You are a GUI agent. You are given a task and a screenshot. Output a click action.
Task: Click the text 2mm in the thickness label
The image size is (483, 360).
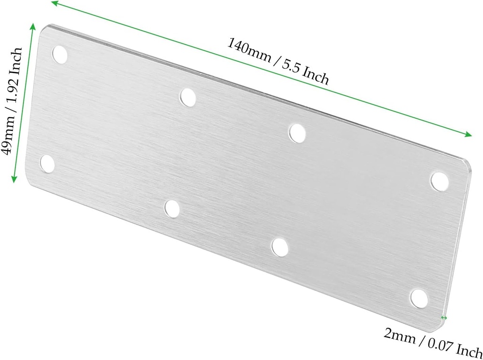(x=400, y=336)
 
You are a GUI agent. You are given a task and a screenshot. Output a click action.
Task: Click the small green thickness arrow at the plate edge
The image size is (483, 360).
(x=443, y=318)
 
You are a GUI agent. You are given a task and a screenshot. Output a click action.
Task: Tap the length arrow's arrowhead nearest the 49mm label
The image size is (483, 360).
(x=53, y=4)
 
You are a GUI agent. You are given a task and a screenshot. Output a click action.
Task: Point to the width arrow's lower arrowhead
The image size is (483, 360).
(x=14, y=179)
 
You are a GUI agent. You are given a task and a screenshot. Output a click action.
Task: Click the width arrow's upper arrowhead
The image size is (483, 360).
(x=33, y=25)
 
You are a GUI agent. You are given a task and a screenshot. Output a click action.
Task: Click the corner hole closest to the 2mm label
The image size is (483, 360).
(x=418, y=297)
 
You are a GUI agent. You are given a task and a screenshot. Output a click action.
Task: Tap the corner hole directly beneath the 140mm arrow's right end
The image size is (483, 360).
(x=439, y=181)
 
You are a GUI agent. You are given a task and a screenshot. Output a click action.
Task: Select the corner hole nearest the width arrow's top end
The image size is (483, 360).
(x=60, y=54)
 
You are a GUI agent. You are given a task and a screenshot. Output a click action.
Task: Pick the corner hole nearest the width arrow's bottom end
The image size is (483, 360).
(x=47, y=164)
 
